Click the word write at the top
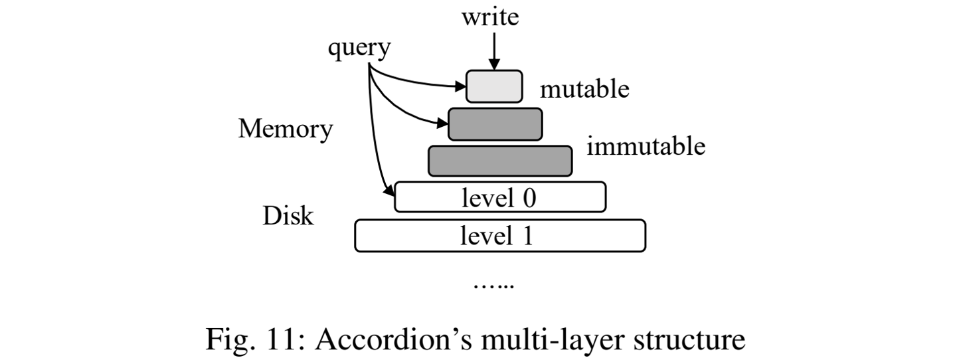(491, 16)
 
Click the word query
(359, 48)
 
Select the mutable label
(584, 88)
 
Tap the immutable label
(646, 145)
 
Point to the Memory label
(285, 129)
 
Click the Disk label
(288, 216)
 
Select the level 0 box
(499, 197)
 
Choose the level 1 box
(499, 236)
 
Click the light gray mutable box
(494, 86)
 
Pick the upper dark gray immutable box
(495, 124)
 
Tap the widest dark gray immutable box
(499, 161)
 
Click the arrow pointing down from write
(494, 50)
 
